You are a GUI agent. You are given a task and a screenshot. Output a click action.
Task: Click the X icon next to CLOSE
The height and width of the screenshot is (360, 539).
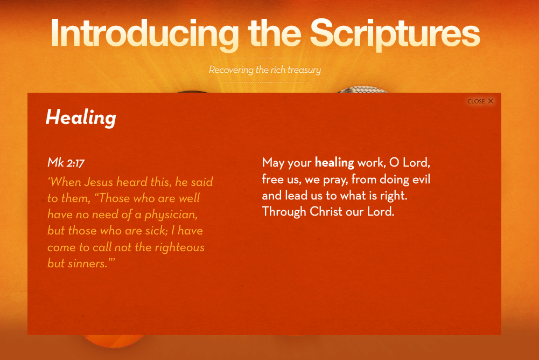click(491, 101)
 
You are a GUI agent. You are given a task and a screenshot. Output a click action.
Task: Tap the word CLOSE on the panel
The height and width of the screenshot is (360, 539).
click(476, 101)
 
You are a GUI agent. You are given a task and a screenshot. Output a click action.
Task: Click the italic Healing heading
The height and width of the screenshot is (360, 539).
click(81, 118)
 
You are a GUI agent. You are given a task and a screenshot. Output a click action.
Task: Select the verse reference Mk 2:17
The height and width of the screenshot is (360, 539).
click(66, 162)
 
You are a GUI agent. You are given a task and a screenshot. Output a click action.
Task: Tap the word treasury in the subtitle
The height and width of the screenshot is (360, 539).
click(304, 70)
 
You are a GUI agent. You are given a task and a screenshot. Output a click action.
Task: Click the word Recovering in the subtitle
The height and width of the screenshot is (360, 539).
click(232, 70)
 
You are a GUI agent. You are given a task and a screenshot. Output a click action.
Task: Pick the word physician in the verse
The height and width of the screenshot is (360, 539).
click(171, 215)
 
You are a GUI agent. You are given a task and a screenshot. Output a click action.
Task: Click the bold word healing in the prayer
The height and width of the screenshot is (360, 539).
click(334, 163)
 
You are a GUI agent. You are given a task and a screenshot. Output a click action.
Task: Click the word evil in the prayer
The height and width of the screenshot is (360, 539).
click(421, 179)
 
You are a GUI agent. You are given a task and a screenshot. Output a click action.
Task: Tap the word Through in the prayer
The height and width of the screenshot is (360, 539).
click(284, 212)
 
